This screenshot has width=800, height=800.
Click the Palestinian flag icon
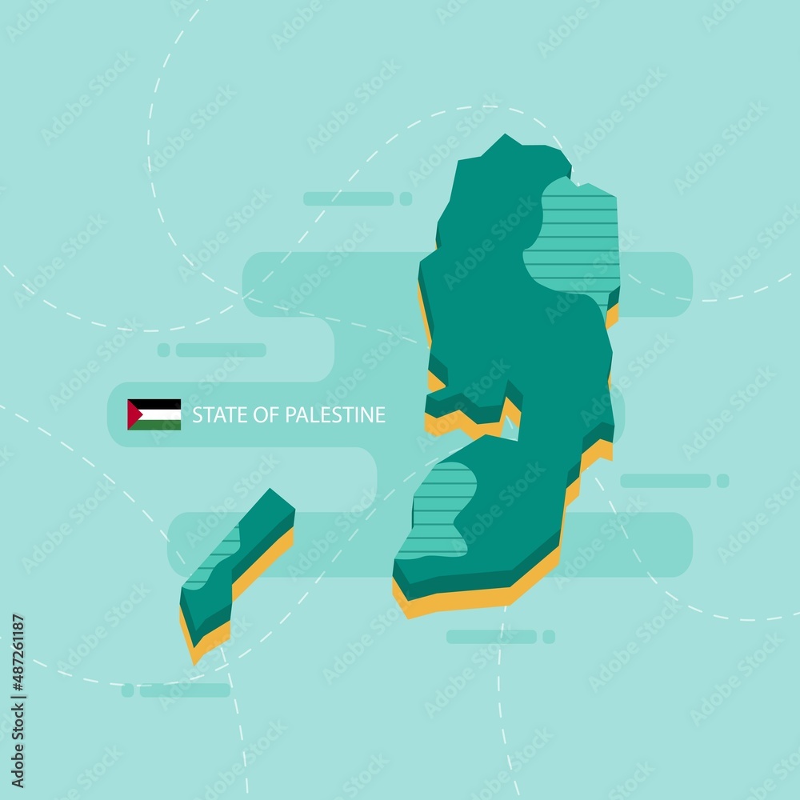pyautogui.click(x=154, y=414)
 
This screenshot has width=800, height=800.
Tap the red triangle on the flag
pyautogui.click(x=133, y=414)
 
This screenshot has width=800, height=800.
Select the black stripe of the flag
pyautogui.click(x=160, y=404)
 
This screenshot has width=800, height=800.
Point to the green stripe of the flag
pyautogui.click(x=160, y=425)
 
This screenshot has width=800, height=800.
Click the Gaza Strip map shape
pyautogui.click(x=240, y=552)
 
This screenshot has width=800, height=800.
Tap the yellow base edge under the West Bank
pyautogui.click(x=480, y=600)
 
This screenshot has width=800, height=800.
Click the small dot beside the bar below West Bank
pyautogui.click(x=548, y=637)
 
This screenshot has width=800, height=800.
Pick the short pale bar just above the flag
pyautogui.click(x=220, y=350)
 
